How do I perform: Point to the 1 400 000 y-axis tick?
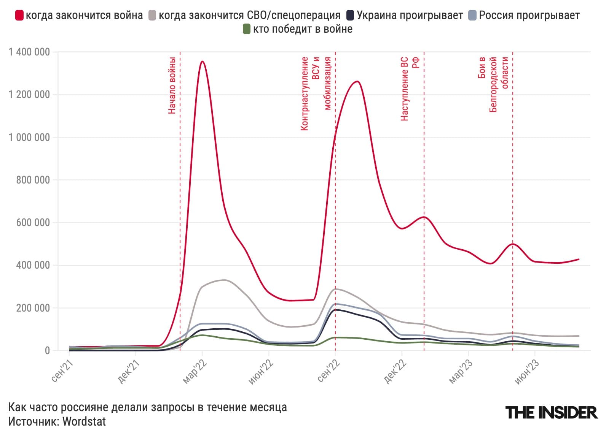(29, 52)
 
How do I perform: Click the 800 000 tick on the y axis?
(33, 180)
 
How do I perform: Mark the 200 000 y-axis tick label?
(33, 308)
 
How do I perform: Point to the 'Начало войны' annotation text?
(172, 85)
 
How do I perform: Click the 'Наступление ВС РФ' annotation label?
(410, 89)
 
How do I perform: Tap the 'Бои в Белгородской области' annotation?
(493, 84)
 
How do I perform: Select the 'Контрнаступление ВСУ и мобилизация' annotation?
(316, 93)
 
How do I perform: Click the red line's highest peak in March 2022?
(202, 62)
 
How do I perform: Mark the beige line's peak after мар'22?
(225, 280)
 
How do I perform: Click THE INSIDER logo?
(551, 413)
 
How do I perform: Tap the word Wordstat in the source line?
(84, 422)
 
